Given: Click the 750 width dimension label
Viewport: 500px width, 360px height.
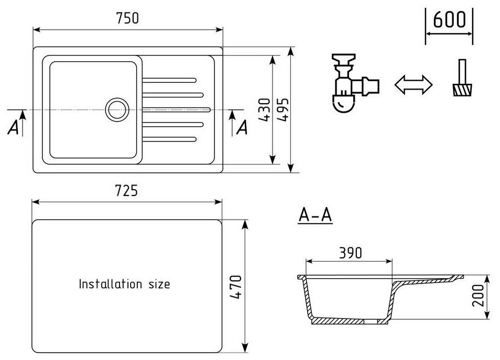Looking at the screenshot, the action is point(127,18).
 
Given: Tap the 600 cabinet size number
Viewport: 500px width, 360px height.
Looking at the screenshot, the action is point(449,20).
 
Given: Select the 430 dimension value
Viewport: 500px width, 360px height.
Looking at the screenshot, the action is point(265,110).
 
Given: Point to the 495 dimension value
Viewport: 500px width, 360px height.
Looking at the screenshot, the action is point(284,110).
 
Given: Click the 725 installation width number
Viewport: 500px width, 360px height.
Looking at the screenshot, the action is point(127,191).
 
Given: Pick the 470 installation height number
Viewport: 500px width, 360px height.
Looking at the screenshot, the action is point(236,287).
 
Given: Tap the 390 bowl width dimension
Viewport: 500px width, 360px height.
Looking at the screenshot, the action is point(351,253).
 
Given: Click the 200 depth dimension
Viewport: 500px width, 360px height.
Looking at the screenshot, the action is point(479,296).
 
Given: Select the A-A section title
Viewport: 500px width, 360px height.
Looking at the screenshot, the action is point(316,215).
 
